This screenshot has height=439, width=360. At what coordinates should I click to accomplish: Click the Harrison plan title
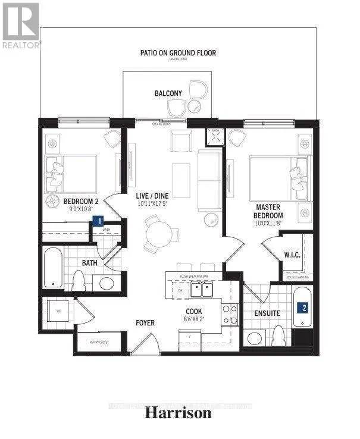(x=179, y=413)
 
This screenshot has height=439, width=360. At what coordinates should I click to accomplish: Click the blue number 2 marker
(x=304, y=308)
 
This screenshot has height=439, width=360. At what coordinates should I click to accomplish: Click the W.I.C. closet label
(x=292, y=255)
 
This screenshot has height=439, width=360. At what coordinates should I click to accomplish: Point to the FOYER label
(x=145, y=323)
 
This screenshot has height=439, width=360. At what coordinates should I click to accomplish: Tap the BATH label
(x=90, y=262)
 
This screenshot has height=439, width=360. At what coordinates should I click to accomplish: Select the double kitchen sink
(x=201, y=290)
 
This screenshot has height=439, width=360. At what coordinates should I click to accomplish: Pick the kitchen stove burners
(x=228, y=314)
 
